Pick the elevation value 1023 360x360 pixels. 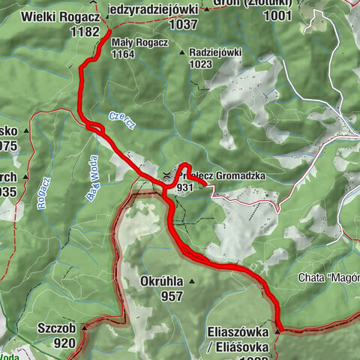click(x=202, y=64)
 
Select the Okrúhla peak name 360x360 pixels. click(x=160, y=281)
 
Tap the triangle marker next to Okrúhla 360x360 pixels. click(x=191, y=281)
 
